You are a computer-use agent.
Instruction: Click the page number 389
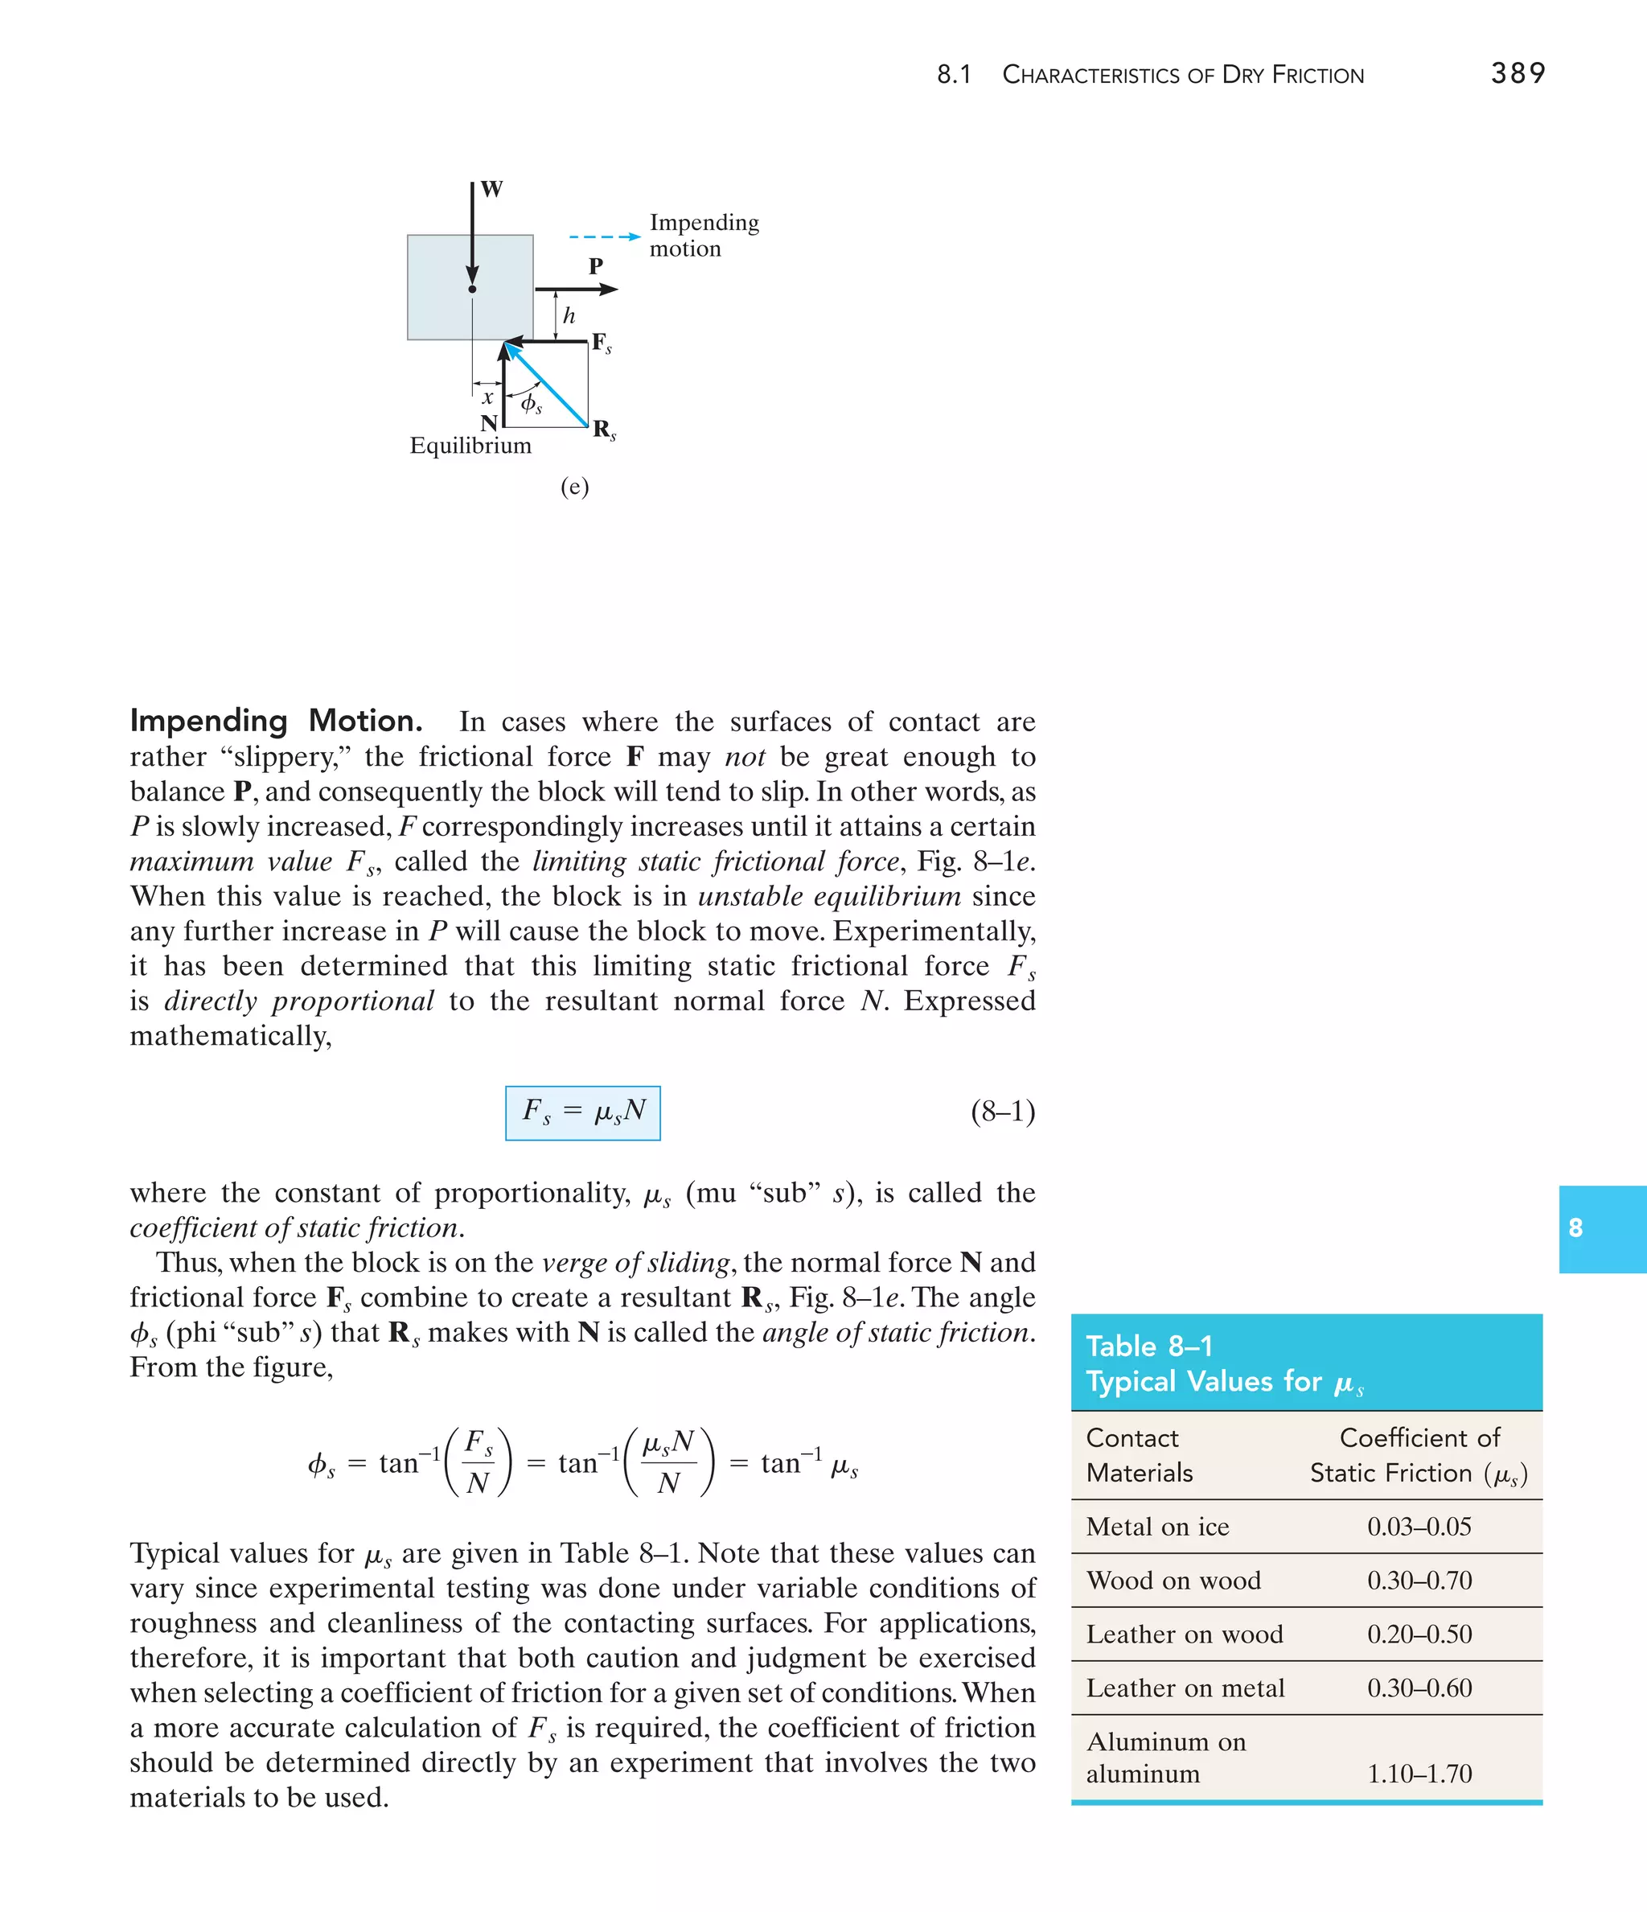point(1518,73)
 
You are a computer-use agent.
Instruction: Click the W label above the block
point(492,189)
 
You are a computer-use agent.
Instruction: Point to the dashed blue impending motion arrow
point(605,237)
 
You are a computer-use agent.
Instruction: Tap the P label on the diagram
point(596,265)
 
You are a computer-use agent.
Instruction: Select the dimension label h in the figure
point(569,315)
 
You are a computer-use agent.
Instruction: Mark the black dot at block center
point(472,290)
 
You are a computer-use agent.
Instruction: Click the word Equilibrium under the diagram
point(470,446)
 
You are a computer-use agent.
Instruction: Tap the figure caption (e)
point(574,487)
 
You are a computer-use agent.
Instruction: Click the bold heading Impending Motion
point(276,721)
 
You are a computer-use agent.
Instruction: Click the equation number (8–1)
point(1002,1111)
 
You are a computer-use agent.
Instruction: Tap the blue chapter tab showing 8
point(1601,1228)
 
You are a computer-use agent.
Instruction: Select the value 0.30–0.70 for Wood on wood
point(1419,1581)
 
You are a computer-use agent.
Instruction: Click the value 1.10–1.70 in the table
point(1419,1774)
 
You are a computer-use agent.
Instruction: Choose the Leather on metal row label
point(1185,1688)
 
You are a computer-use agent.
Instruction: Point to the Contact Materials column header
point(1139,1454)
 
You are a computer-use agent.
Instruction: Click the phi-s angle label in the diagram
point(531,403)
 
